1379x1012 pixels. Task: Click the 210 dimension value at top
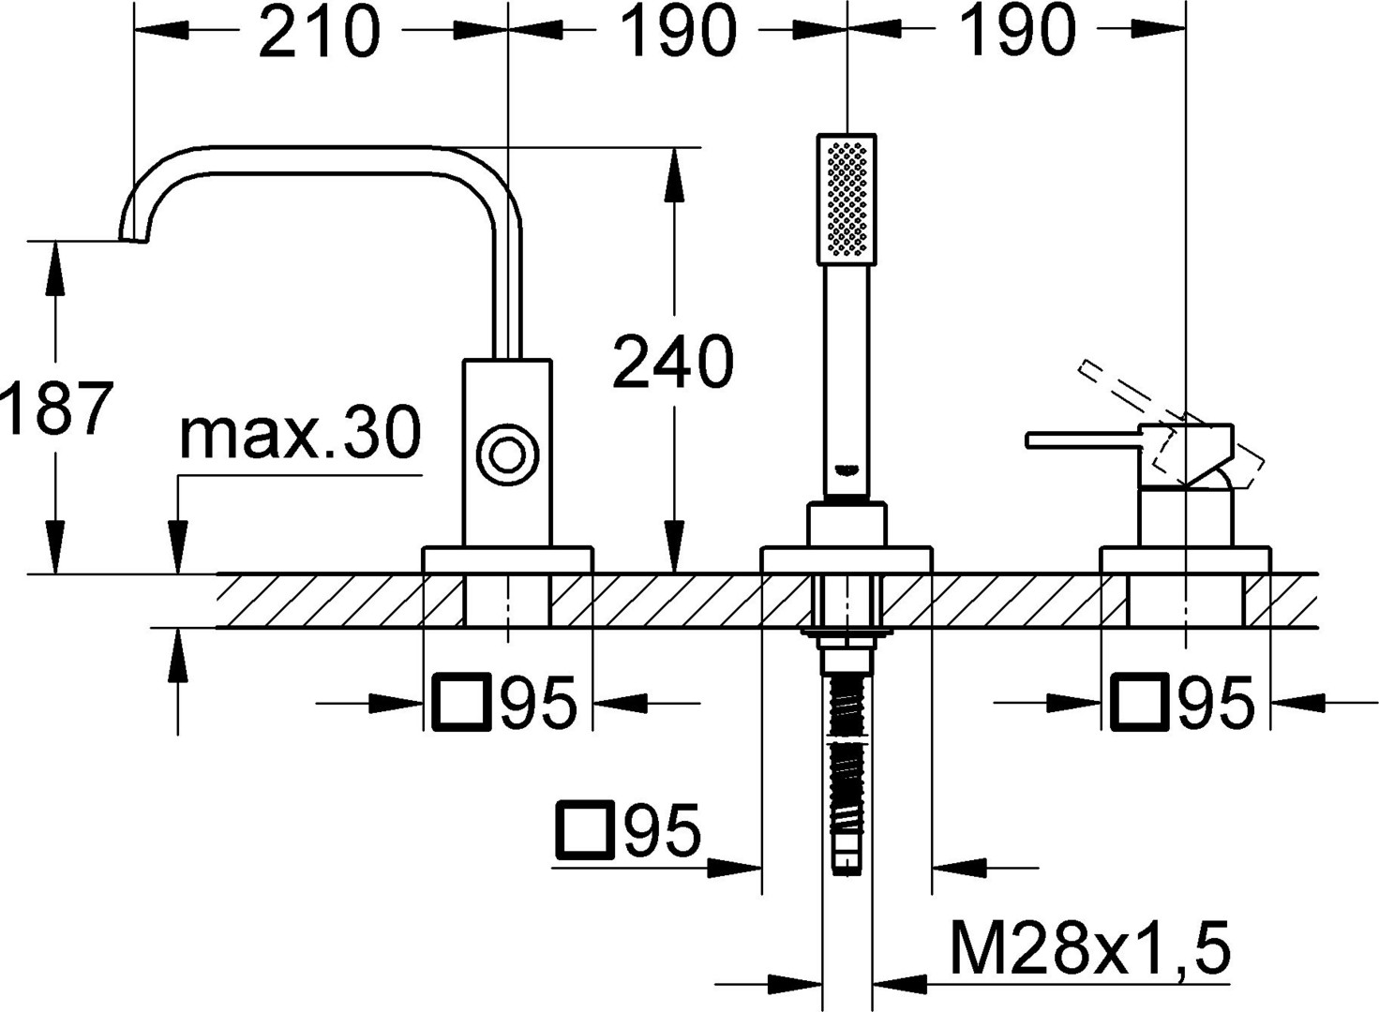[x=319, y=31]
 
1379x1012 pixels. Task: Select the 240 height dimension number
[x=673, y=362]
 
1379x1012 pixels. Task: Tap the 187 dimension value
[x=57, y=408]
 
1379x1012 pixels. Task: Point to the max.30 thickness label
[x=300, y=432]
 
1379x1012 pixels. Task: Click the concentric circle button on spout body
[x=508, y=455]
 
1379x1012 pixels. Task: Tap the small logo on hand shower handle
[x=846, y=470]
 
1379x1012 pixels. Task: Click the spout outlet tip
[x=134, y=239]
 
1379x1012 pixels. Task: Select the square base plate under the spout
[x=507, y=559]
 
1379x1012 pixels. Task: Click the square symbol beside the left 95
[x=462, y=703]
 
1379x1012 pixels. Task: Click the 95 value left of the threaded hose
[x=663, y=830]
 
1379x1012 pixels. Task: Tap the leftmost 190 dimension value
[x=677, y=31]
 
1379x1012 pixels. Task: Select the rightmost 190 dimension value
[x=1017, y=31]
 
